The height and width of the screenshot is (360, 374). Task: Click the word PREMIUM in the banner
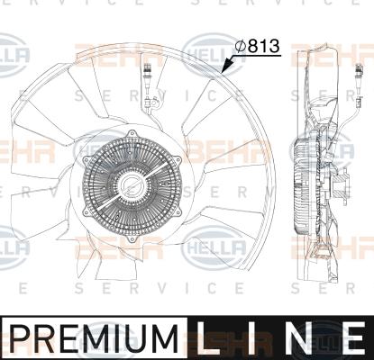pos(94,338)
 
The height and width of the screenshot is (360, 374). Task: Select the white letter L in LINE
pos(208,338)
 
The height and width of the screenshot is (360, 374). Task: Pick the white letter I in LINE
pos(253,338)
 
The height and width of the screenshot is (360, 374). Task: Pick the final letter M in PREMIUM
pos(165,338)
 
